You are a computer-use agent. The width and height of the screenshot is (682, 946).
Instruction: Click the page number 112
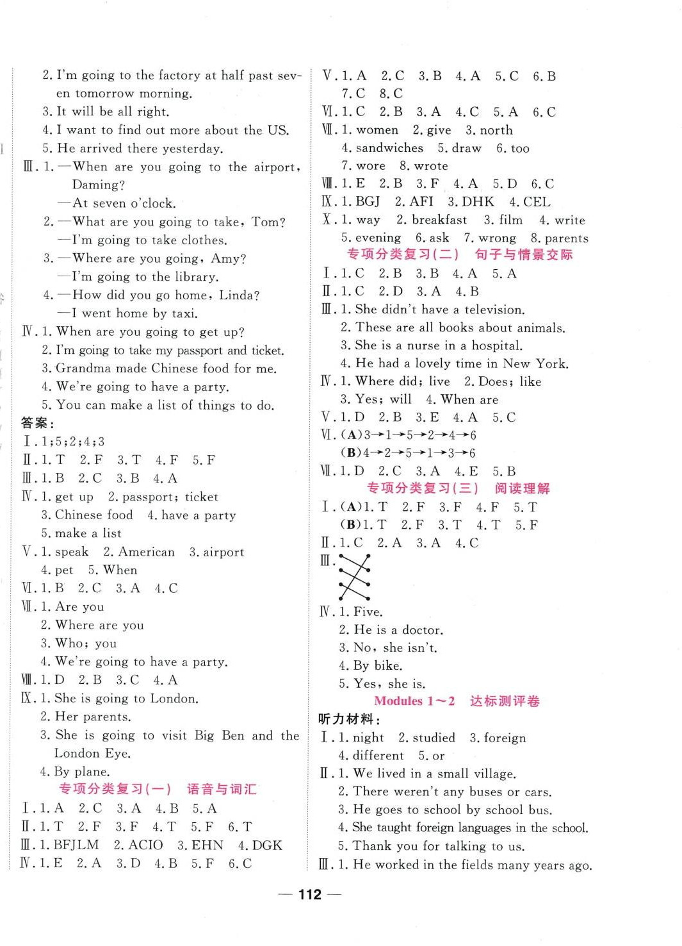point(309,895)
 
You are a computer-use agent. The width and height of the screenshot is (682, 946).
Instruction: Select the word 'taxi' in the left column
point(184,313)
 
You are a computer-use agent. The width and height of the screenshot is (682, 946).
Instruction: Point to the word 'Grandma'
point(79,369)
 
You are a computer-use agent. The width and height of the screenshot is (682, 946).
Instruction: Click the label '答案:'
point(38,423)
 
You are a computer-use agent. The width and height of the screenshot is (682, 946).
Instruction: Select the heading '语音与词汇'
point(221,789)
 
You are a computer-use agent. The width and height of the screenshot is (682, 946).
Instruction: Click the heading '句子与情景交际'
point(523,254)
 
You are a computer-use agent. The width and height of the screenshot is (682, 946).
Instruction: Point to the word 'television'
point(494,310)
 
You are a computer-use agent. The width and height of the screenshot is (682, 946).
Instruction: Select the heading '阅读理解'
point(522,488)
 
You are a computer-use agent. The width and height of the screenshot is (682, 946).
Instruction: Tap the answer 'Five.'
point(368,611)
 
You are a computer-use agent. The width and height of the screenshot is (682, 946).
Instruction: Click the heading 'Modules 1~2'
point(414,701)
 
